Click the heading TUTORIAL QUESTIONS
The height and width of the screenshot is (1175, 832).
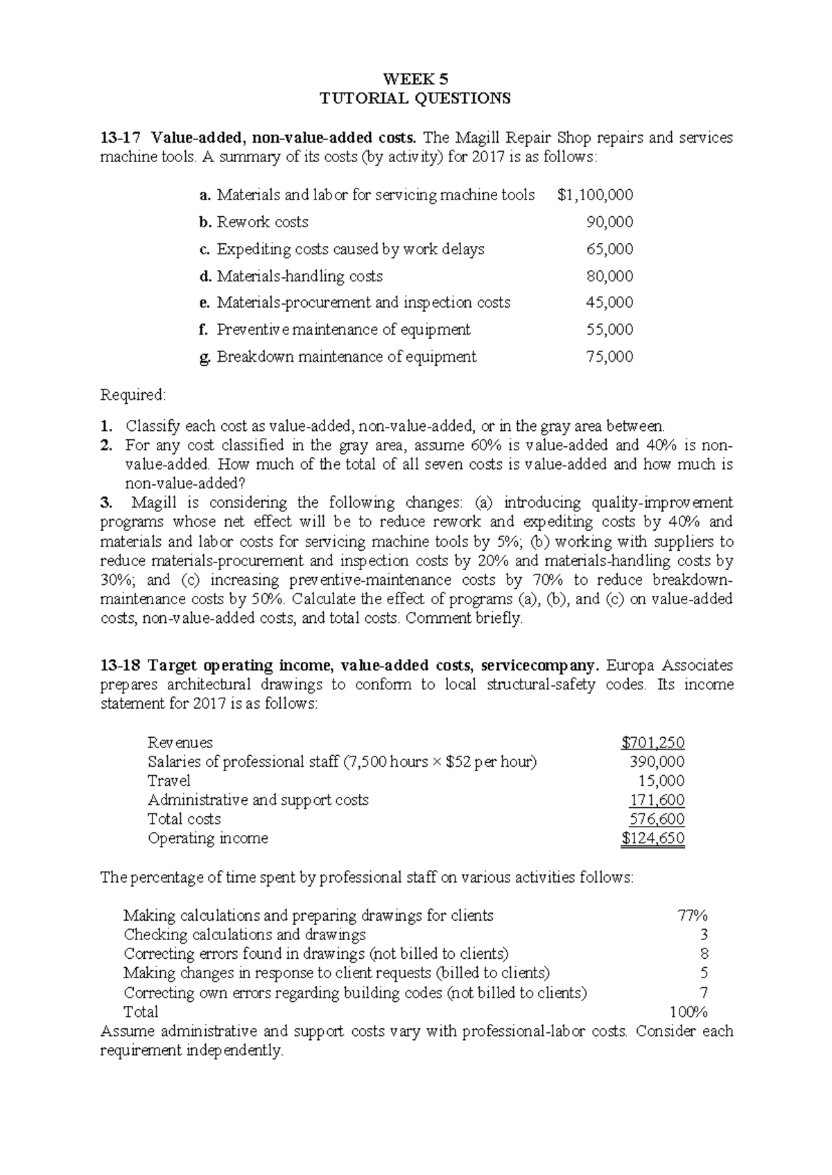pyautogui.click(x=415, y=98)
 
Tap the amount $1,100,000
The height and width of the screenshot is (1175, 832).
pyautogui.click(x=595, y=195)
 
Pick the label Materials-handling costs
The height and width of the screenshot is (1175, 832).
pyautogui.click(x=300, y=276)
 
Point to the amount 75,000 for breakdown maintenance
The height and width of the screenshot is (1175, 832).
pyautogui.click(x=609, y=357)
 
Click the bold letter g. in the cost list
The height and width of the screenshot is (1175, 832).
pyautogui.click(x=204, y=357)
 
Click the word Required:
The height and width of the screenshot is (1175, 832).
pyautogui.click(x=133, y=395)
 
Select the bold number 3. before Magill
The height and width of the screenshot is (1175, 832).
pyautogui.click(x=105, y=502)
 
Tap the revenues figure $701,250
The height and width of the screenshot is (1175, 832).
pyautogui.click(x=653, y=743)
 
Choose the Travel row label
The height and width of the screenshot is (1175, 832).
pyautogui.click(x=168, y=781)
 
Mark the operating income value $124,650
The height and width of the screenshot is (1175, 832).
pyautogui.click(x=653, y=838)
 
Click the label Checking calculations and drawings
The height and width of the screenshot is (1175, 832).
pyautogui.click(x=244, y=935)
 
